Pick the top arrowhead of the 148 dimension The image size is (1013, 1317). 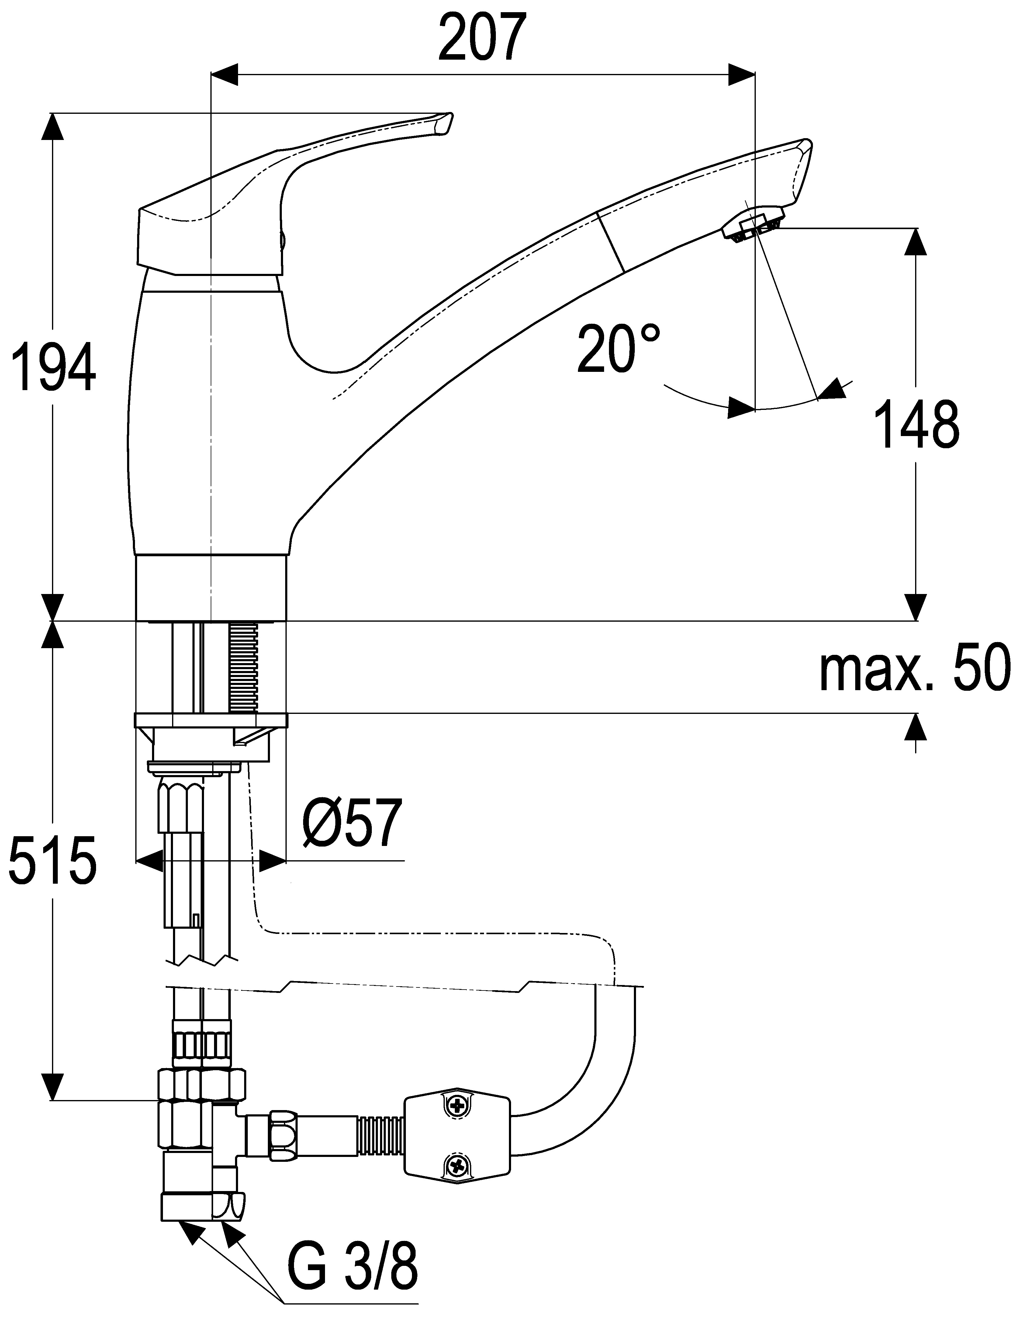(x=916, y=241)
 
